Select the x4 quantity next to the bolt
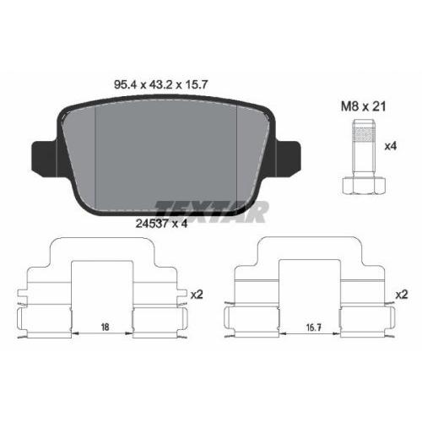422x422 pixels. pyautogui.click(x=390, y=146)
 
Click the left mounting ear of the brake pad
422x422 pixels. pyautogui.click(x=42, y=158)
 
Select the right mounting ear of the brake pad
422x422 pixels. pyautogui.click(x=291, y=158)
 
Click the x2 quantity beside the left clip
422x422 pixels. pyautogui.click(x=196, y=295)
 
